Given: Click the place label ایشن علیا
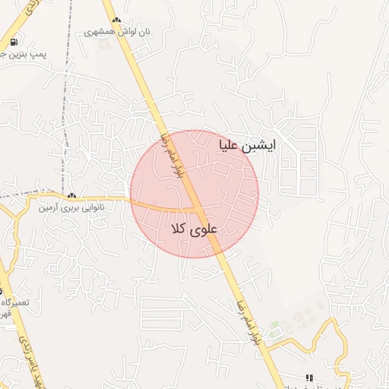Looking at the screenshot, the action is pyautogui.click(x=248, y=144).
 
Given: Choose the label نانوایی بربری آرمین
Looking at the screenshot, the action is pyautogui.click(x=70, y=206).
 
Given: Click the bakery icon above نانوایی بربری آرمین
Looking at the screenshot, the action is pyautogui.click(x=72, y=195).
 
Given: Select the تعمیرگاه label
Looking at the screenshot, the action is pyautogui.click(x=15, y=302).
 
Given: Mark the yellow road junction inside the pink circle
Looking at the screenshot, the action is pyautogui.click(x=199, y=210).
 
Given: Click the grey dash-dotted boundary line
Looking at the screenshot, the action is pyautogui.click(x=67, y=99).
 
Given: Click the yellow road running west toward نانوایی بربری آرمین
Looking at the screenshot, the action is pyautogui.click(x=99, y=198).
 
